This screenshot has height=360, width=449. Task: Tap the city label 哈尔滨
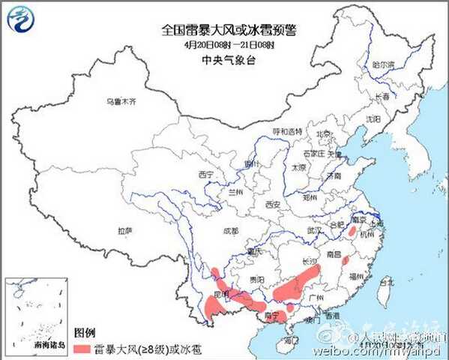coord(382,65)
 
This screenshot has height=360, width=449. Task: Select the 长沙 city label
coord(308,262)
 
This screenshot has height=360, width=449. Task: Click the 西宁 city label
coord(207,174)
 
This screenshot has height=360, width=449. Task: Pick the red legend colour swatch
coord(81,349)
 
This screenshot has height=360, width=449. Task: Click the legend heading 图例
coord(83,331)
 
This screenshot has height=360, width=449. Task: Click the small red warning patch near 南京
coord(352,233)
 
